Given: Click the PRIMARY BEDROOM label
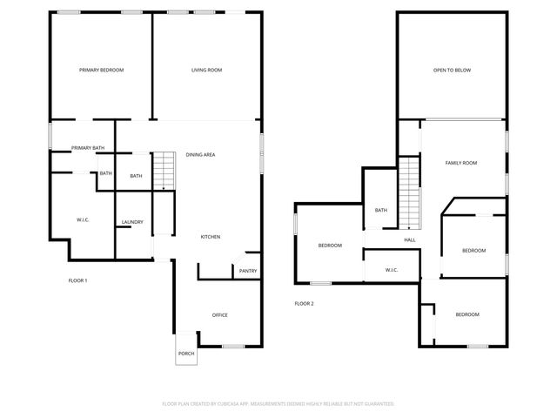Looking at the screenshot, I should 101,70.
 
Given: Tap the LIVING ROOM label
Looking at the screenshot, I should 207,70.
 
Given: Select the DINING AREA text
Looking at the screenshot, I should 200,155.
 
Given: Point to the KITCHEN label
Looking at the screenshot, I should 211,237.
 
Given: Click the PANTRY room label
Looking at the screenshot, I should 247,271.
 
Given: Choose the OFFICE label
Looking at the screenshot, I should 220,314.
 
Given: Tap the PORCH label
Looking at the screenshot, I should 186,354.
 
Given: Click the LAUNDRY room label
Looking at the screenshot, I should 132,222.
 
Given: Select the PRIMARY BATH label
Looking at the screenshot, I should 88,148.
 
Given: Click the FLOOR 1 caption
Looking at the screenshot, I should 77,280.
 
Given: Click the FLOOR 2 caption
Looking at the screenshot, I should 304,303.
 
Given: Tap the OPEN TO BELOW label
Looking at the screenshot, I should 452,70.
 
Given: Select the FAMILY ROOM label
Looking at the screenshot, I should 461,163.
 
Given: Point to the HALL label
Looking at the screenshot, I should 410,240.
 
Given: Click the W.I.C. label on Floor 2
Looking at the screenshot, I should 392,270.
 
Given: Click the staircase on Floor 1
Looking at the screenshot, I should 164,169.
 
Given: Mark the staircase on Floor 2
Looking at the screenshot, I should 409,192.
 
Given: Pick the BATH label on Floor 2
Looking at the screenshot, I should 381,210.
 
